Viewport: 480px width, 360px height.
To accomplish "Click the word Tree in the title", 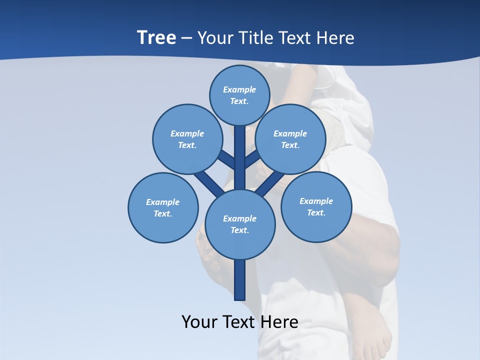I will (x=156, y=38).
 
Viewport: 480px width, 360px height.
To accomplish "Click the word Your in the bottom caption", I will (x=199, y=322).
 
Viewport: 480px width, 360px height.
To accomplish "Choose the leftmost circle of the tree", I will (x=163, y=207).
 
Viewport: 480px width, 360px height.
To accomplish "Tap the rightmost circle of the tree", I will (x=316, y=206).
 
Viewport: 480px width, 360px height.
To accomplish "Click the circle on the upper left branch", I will (x=187, y=139).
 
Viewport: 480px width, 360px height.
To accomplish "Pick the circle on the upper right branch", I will (x=290, y=139).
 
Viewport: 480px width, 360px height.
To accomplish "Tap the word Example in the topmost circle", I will (x=239, y=89).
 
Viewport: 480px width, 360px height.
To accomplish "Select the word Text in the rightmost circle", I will (x=316, y=212).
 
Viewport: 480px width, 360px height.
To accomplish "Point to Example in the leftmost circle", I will (x=162, y=202).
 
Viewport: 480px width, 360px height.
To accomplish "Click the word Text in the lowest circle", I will (x=239, y=230).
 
